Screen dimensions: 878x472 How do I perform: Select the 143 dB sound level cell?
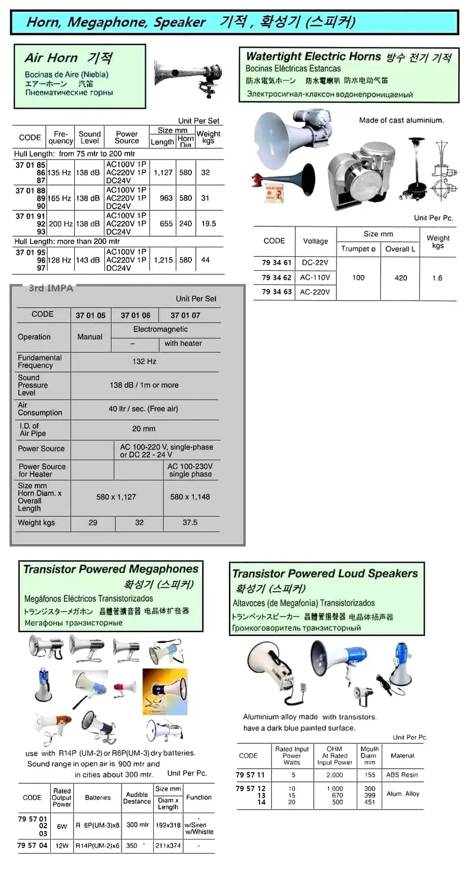coord(88,260)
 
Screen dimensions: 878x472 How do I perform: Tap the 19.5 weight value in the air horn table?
coord(208,223)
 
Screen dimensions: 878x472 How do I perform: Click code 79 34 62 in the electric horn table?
coord(276,278)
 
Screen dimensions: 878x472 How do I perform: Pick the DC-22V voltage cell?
coord(315,262)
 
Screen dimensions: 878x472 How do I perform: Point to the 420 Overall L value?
coord(401,278)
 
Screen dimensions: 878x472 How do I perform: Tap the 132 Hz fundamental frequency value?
coord(144,361)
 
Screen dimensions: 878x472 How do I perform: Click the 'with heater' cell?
coord(183,343)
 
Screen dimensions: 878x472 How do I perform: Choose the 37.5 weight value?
coord(190,522)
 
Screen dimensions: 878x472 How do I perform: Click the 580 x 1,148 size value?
coord(190,497)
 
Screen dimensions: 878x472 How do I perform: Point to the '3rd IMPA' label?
coord(51,288)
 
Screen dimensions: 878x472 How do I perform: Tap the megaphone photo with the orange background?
coord(165,691)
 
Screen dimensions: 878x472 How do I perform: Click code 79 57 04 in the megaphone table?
coord(32,845)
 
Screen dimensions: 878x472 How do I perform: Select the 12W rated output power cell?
coord(62,845)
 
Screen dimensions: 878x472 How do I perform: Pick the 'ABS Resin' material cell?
coord(402,775)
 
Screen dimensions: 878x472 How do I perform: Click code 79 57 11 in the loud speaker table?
coord(250,775)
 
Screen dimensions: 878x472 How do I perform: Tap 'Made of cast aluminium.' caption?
coord(401,120)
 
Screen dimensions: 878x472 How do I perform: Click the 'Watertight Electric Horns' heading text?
coord(313,57)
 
